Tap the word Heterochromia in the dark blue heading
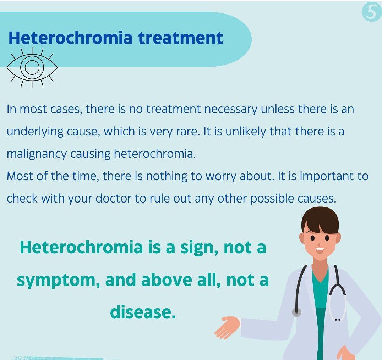tap(70, 38)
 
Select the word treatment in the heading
tap(180, 38)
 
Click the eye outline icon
tap(32, 67)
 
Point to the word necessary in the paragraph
tap(231, 110)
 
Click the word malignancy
tap(37, 154)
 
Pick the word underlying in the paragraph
tap(35, 132)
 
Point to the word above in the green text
tap(167, 280)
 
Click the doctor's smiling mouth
tap(320, 249)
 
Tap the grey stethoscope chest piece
tap(296, 312)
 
